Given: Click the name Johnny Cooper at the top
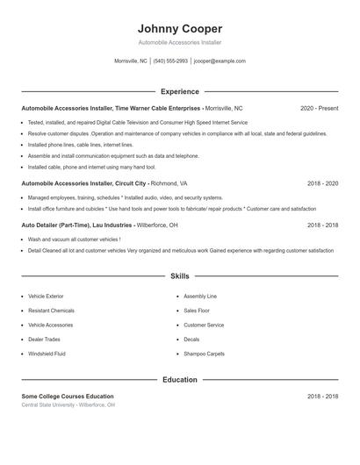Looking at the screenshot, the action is [180, 28].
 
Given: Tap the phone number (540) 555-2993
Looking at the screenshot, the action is [170, 61].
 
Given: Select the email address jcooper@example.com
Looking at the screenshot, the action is [220, 61].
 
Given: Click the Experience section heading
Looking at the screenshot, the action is [180, 91].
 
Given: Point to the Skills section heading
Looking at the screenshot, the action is [180, 275].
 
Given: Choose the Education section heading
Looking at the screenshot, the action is [180, 380].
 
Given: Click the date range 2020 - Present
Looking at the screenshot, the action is [319, 109].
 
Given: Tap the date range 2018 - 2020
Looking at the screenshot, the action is [322, 184].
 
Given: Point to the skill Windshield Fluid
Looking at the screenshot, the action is [47, 354].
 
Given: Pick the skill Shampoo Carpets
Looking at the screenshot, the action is [204, 354].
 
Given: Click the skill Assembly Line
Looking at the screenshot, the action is [200, 297].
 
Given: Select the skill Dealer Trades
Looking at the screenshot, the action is [45, 340].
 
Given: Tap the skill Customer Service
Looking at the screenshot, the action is [204, 325].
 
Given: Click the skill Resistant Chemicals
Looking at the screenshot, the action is [51, 311].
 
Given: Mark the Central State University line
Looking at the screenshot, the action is [68, 405].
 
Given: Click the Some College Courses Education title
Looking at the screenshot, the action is [68, 397].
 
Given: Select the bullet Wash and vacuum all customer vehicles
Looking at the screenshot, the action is [74, 239].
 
